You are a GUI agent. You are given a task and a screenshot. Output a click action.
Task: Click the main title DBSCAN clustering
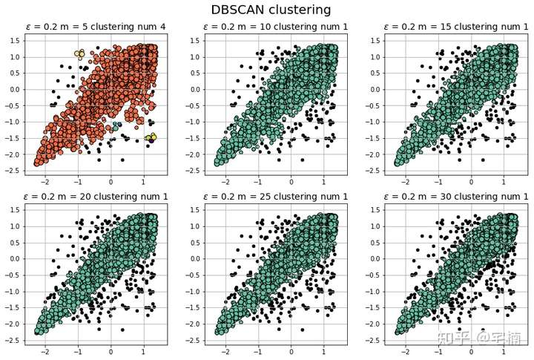point(271,10)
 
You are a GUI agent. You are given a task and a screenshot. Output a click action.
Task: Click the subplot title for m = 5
point(96,27)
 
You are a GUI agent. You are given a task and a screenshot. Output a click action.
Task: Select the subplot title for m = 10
point(276,27)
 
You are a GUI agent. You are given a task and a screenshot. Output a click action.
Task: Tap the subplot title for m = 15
point(455,27)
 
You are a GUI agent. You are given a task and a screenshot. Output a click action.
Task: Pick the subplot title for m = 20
point(96,196)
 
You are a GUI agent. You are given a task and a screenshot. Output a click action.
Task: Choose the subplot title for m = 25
point(276,196)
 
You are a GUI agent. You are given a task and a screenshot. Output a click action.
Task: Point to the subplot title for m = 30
point(455,196)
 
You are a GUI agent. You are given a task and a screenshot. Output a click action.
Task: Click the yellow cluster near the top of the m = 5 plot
point(80,53)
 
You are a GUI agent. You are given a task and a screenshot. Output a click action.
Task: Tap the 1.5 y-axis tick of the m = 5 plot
point(14,40)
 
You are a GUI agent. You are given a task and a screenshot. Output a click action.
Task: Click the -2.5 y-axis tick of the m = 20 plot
point(13,340)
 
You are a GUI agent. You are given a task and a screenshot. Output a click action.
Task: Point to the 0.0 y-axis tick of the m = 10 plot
point(194,89)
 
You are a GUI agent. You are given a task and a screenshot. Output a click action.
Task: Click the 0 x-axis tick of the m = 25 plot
point(291,350)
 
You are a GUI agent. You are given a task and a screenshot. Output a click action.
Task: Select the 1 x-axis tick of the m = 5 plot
point(144,181)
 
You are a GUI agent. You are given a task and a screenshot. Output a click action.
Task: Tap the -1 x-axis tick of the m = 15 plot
point(438,181)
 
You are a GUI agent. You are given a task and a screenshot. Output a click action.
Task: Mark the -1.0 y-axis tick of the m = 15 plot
point(373,122)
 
